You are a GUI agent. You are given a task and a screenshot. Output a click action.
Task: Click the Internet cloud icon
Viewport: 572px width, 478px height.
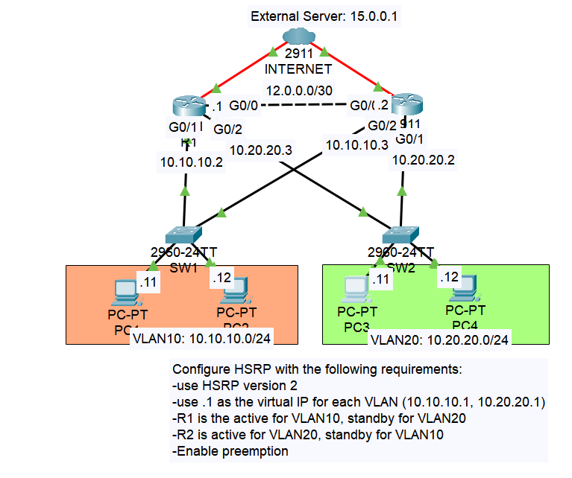point(298,37)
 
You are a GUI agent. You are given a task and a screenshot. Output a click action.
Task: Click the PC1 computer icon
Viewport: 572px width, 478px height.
point(123,293)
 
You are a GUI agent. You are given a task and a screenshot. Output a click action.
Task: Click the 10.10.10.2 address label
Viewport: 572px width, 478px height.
point(192,162)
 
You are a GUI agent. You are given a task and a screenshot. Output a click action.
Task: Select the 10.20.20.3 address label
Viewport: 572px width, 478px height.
point(260,150)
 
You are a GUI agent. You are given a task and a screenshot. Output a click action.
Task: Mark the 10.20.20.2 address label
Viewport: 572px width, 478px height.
point(423,159)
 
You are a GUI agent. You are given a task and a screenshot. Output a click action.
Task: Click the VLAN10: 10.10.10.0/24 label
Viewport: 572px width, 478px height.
point(201,340)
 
